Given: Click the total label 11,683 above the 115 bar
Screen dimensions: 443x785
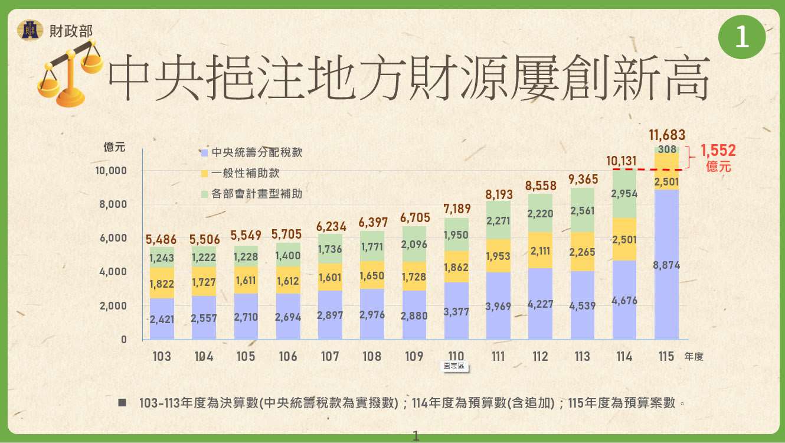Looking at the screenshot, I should (666, 135).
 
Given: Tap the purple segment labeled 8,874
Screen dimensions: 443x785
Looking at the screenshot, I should (666, 265).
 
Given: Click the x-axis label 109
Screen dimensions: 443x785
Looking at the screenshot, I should (414, 356).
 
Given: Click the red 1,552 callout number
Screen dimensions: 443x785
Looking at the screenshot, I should (718, 151).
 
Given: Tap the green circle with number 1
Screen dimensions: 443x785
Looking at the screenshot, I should (741, 37).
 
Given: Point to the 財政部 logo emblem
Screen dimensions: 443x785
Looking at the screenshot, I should (30, 30).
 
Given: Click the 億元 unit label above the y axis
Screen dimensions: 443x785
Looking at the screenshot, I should (114, 148).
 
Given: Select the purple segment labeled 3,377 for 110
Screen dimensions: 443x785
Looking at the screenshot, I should (456, 311).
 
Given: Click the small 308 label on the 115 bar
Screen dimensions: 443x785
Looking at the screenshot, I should (666, 149).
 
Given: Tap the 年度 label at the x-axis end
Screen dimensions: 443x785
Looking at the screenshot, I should (694, 357).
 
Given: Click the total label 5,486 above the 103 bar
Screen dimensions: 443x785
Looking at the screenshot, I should (162, 240).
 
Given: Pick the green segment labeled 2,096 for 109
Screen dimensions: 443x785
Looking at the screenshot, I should (414, 244).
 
